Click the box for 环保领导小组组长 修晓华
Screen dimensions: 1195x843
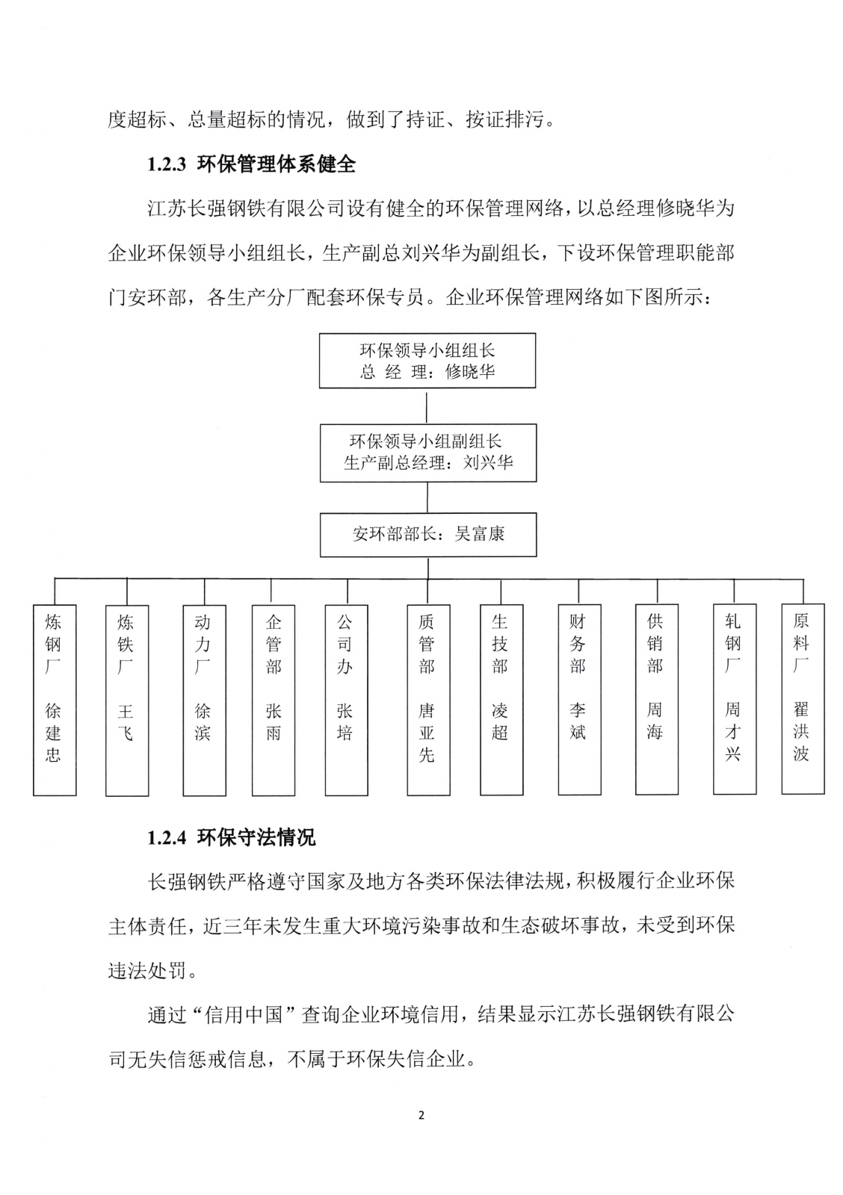(427, 361)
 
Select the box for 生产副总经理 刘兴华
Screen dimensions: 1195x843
(427, 453)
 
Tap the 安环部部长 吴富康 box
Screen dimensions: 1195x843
(427, 535)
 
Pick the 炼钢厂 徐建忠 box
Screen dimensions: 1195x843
(54, 699)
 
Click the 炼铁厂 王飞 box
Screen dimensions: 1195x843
(126, 700)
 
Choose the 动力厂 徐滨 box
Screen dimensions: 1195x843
(203, 700)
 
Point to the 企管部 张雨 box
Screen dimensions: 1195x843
(274, 700)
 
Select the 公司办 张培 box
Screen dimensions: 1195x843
(345, 700)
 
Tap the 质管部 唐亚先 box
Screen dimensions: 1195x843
(427, 700)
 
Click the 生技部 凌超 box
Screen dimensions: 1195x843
(500, 700)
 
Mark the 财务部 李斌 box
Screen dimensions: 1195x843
(578, 700)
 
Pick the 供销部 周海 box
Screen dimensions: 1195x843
(656, 699)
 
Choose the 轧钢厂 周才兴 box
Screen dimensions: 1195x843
(734, 699)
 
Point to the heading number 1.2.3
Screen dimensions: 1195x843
(166, 165)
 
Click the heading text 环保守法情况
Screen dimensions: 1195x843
(256, 838)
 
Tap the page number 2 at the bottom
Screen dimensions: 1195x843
(421, 1116)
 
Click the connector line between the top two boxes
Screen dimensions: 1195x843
(427, 406)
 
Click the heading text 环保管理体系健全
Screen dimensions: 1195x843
(276, 165)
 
